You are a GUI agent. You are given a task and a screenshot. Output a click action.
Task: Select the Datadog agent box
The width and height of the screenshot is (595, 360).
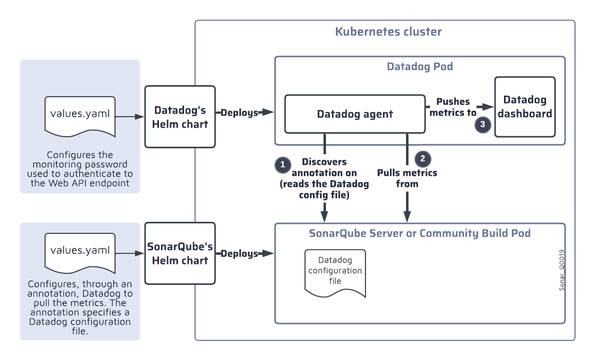click(348, 114)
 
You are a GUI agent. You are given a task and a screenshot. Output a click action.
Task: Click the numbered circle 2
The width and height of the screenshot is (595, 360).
click(423, 158)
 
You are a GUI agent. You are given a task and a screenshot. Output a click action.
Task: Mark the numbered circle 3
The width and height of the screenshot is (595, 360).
click(484, 125)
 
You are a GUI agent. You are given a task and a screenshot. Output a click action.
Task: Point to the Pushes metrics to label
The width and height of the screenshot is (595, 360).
click(455, 107)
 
